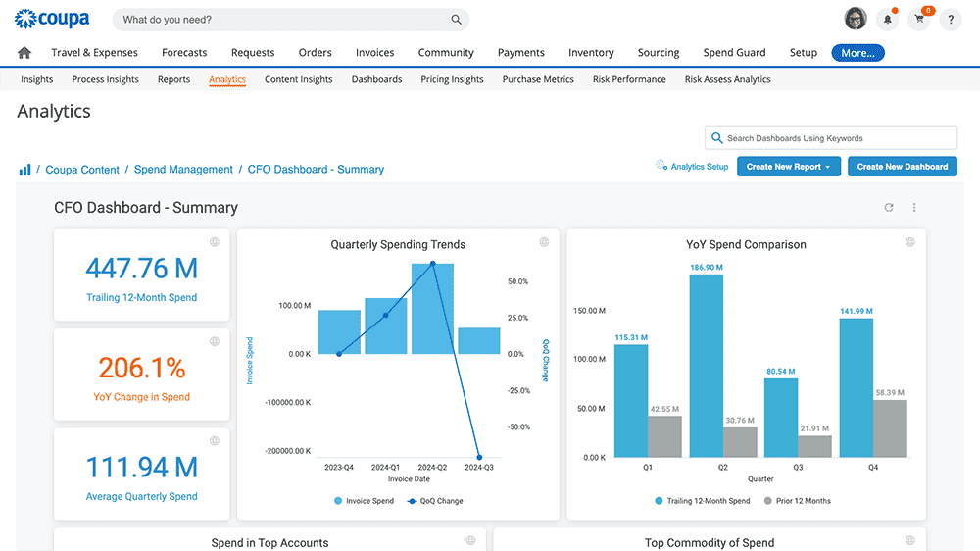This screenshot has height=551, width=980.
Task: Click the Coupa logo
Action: coord(52,19)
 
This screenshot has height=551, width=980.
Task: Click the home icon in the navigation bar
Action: coord(24,53)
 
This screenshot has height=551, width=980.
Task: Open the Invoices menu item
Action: coord(374,53)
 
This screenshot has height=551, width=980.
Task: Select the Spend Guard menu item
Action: coord(734,53)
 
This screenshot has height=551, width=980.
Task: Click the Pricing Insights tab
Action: coord(452,79)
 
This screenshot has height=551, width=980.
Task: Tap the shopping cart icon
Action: coord(919,20)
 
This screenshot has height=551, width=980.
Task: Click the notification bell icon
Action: coord(888,20)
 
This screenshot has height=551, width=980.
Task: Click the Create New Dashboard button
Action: coord(902,167)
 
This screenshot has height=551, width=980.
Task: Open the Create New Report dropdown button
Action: coord(788,167)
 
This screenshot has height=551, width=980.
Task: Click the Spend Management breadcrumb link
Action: coord(183,170)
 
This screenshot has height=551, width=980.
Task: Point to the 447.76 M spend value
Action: coord(141,268)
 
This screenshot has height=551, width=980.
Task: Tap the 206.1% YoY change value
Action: coord(141,368)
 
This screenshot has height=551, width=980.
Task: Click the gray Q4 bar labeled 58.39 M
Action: coord(890,428)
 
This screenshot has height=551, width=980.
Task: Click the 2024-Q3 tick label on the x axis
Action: coord(479,468)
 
